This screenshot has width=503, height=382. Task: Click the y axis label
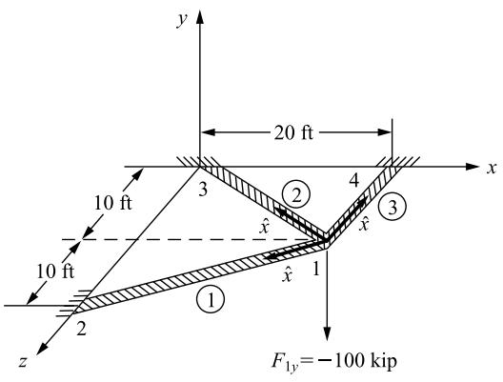[182, 20]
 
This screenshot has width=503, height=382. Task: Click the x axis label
[492, 168]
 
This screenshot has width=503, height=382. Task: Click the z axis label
[23, 361]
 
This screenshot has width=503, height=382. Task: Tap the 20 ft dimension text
[293, 132]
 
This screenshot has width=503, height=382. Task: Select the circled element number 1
[211, 299]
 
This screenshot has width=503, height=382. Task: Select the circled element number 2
[295, 195]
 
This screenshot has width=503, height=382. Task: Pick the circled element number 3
[392, 207]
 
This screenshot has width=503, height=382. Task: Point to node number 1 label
[316, 269]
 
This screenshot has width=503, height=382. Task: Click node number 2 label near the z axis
[81, 329]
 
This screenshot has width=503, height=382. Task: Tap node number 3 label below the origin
[203, 190]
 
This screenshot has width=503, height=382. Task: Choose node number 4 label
[353, 181]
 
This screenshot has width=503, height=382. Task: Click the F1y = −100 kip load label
[334, 361]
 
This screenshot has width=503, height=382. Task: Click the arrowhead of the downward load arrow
[327, 333]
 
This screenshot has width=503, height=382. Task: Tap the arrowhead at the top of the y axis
[200, 17]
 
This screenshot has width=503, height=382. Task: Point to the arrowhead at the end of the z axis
[42, 349]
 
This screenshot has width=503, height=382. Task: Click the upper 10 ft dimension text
[112, 203]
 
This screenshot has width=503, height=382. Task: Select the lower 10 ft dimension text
[55, 271]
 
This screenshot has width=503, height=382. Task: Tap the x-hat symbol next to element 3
[364, 224]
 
